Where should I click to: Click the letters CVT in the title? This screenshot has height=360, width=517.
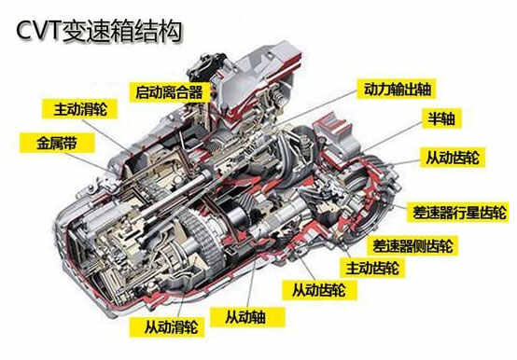pos(39,31)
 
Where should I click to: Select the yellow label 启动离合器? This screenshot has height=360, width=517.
pos(169,92)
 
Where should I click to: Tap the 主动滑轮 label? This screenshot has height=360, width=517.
pos(80,109)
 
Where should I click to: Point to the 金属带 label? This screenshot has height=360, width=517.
pos(57,143)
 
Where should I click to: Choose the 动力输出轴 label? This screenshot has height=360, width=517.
pos(398,89)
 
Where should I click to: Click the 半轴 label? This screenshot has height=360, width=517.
pos(441,118)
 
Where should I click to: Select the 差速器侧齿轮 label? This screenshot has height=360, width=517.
pos(412,245)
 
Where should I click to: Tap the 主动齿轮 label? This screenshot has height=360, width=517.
pos(372,268)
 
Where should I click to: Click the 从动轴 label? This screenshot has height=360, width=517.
pos(247,317)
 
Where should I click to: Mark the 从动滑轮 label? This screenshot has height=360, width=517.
pos(167,327)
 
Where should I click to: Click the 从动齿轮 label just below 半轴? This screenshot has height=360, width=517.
pos(452,157)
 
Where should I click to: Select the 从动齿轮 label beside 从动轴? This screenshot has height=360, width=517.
pos(319,290)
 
